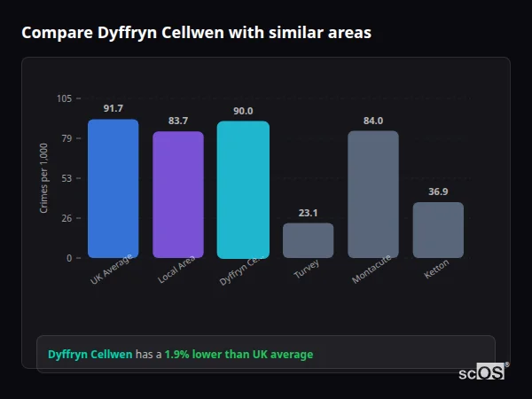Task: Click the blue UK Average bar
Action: pyautogui.click(x=113, y=189)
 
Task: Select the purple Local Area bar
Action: pyautogui.click(x=178, y=195)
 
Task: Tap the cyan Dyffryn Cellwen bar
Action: pyautogui.click(x=243, y=190)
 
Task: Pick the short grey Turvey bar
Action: pyautogui.click(x=308, y=240)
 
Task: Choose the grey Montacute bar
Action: pyautogui.click(x=372, y=195)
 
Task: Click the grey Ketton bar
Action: pyautogui.click(x=438, y=231)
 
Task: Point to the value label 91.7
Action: pyautogui.click(x=113, y=108)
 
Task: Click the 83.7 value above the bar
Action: pyautogui.click(x=178, y=121)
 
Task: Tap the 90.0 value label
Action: pyautogui.click(x=243, y=111)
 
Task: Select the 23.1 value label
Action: pyautogui.click(x=308, y=213)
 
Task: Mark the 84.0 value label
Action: pyautogui.click(x=372, y=121)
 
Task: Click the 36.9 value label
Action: pyautogui.click(x=438, y=192)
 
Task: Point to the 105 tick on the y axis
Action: pyautogui.click(x=65, y=98)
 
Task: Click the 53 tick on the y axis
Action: pyautogui.click(x=67, y=178)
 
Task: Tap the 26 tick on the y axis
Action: pyautogui.click(x=67, y=218)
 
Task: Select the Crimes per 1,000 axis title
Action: pyautogui.click(x=44, y=177)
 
